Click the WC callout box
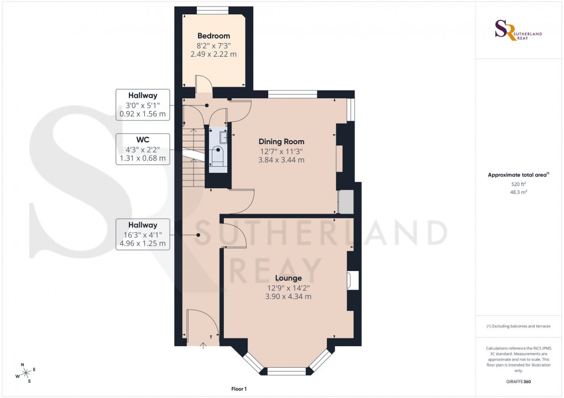[142, 149]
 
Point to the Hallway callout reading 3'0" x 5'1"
[142, 105]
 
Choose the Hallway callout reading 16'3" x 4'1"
[142, 234]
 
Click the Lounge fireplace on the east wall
[352, 281]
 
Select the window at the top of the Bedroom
[213, 9]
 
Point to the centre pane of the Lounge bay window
[286, 371]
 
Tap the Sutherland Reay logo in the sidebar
[518, 30]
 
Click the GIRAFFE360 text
[518, 381]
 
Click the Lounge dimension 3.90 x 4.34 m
[288, 296]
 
